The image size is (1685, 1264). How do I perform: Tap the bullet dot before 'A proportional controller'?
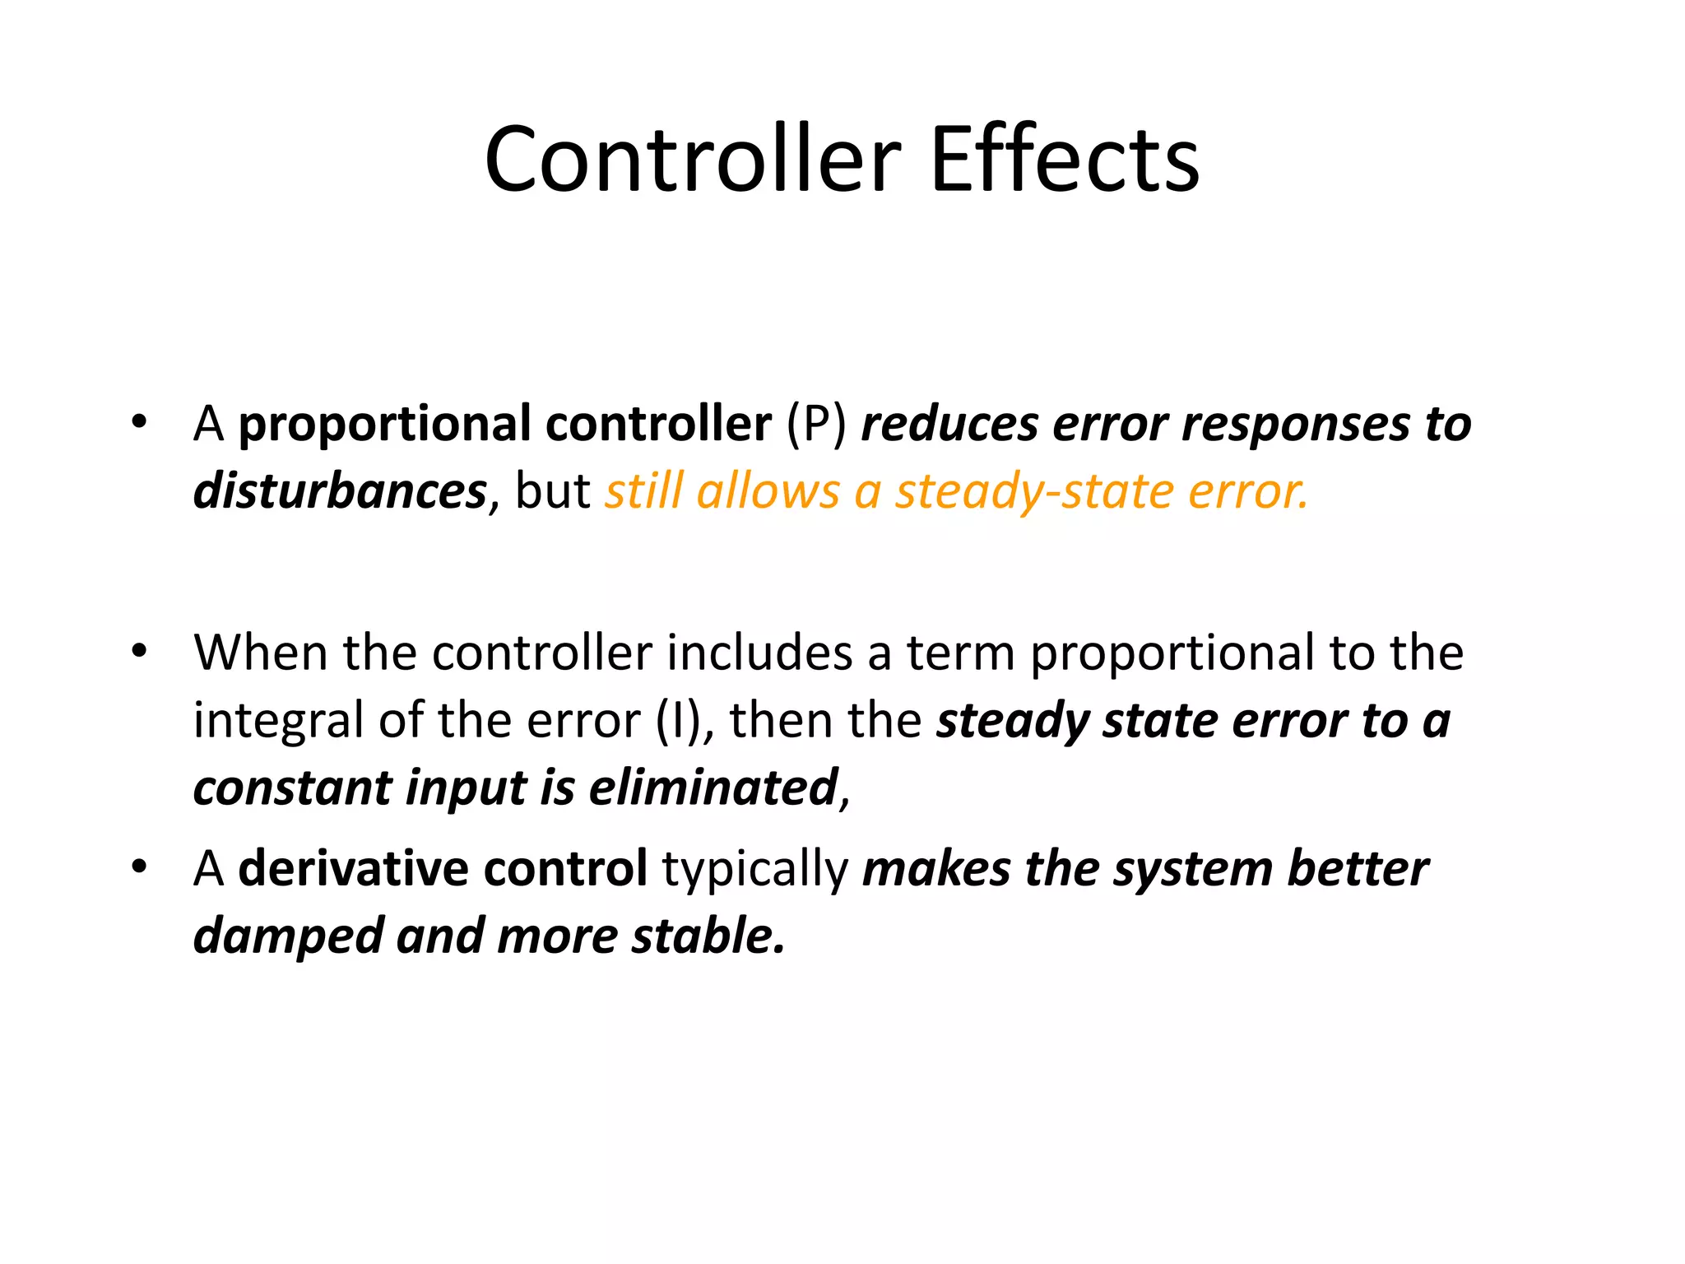(139, 422)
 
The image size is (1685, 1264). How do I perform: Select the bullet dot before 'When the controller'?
(139, 651)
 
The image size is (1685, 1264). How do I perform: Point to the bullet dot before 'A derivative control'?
(139, 867)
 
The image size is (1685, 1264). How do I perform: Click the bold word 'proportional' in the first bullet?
(384, 425)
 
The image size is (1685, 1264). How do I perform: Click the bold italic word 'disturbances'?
(340, 491)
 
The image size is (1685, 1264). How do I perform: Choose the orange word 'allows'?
(768, 491)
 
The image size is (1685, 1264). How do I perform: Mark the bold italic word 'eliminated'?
(713, 788)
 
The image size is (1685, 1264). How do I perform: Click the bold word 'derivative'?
(354, 868)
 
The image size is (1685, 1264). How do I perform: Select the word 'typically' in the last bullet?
(755, 870)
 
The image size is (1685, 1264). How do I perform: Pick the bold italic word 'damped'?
(288, 936)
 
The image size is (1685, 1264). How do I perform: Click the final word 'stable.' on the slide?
(708, 936)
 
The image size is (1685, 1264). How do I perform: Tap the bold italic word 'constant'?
(293, 788)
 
